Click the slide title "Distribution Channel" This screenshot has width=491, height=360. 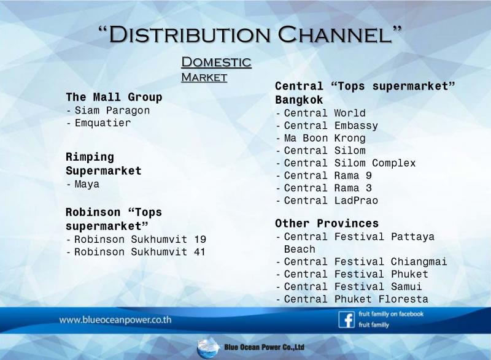pyautogui.click(x=250, y=34)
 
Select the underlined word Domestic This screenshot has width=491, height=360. pyautogui.click(x=216, y=62)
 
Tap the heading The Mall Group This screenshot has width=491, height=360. pyautogui.click(x=114, y=97)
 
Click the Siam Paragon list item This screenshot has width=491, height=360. pyautogui.click(x=112, y=110)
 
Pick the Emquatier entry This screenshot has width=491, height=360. pyautogui.click(x=102, y=123)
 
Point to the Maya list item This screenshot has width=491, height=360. pyautogui.click(x=87, y=184)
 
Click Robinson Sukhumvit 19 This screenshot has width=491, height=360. pyautogui.click(x=141, y=240)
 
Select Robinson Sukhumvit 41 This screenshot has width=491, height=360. pyautogui.click(x=140, y=252)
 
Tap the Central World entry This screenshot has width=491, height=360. pyautogui.click(x=325, y=113)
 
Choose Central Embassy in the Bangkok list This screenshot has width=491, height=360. pyautogui.click(x=331, y=126)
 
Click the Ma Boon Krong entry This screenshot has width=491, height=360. pyautogui.click(x=325, y=138)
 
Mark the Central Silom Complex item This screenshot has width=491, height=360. pyautogui.click(x=350, y=163)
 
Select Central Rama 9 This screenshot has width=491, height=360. pyautogui.click(x=328, y=175)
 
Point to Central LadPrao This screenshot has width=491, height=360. pyautogui.click(x=331, y=201)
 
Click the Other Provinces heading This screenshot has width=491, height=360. pyautogui.click(x=327, y=223)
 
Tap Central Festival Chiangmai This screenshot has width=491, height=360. pyautogui.click(x=365, y=261)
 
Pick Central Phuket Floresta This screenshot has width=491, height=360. pyautogui.click(x=356, y=299)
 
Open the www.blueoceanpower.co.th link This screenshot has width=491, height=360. pyautogui.click(x=115, y=320)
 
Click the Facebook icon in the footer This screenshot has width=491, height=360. pyautogui.click(x=346, y=320)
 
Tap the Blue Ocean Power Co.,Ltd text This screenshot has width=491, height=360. pyautogui.click(x=264, y=347)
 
